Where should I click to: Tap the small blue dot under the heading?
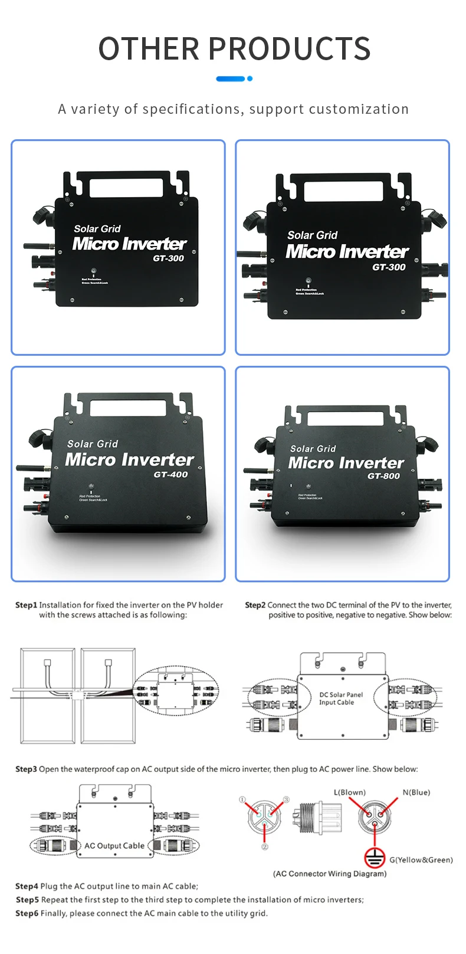[x=250, y=78]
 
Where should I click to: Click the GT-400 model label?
[x=170, y=474]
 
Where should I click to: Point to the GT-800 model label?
[x=383, y=476]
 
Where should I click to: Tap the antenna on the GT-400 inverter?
[x=31, y=468]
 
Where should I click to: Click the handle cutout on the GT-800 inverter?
[x=345, y=418]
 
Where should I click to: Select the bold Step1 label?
[x=26, y=605]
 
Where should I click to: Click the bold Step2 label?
[x=255, y=605]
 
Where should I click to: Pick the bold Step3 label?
[x=26, y=769]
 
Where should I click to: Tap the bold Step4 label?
[x=27, y=886]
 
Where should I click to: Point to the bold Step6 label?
[x=27, y=913]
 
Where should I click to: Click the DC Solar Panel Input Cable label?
[x=340, y=699]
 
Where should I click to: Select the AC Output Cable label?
[x=114, y=845]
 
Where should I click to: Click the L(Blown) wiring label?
[x=349, y=792]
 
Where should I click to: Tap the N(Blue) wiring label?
[x=416, y=792]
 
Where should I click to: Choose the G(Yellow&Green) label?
[x=421, y=860]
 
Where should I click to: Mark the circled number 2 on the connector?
[x=264, y=847]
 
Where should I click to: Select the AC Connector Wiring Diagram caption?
[x=330, y=874]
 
